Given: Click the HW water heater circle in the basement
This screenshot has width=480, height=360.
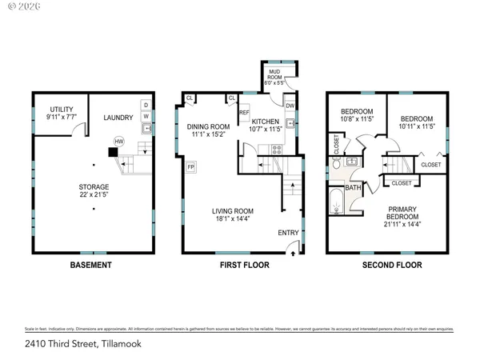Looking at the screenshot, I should (x=119, y=141).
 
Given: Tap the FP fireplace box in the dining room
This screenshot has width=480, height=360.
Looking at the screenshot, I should (x=191, y=167).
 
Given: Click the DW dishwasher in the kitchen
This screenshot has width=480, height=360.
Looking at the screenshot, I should (x=290, y=106).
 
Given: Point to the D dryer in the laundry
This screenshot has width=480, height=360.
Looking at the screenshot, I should (x=146, y=105).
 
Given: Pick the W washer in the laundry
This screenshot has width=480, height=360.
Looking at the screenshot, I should (x=146, y=116).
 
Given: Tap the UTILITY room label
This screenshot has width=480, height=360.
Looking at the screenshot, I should (x=62, y=110).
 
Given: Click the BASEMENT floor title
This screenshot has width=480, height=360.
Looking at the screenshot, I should (x=90, y=265).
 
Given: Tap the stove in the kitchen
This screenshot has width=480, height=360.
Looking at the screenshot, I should (x=277, y=148).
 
